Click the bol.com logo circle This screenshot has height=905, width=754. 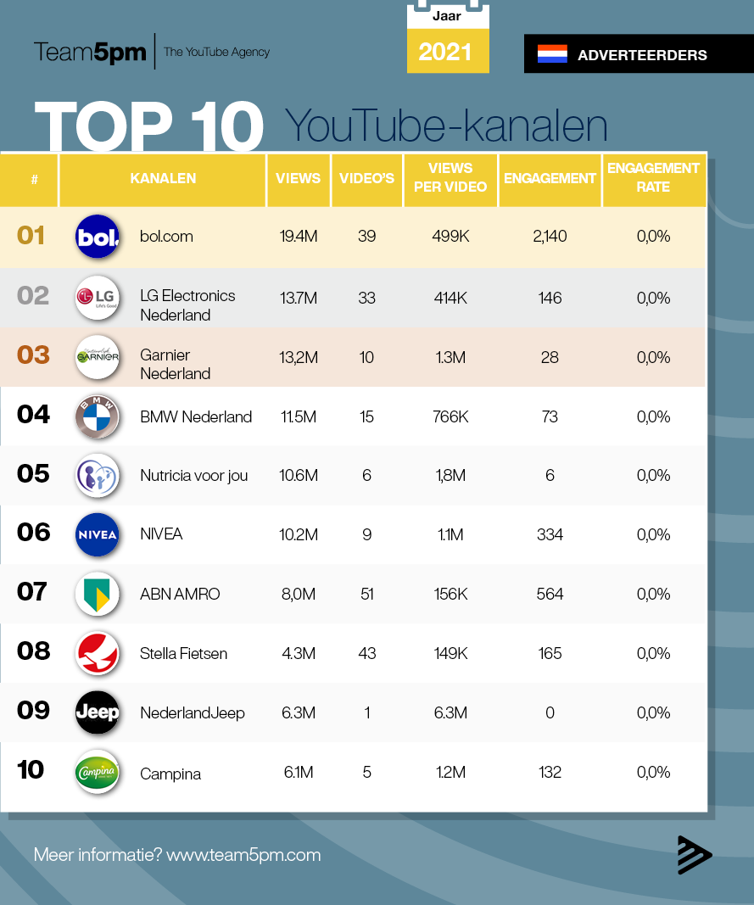(98, 237)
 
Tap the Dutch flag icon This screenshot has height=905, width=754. (552, 54)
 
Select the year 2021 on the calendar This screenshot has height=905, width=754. (445, 52)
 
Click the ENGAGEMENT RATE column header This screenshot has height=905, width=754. (653, 177)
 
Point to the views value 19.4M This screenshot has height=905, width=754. (299, 237)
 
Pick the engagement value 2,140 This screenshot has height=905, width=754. (550, 237)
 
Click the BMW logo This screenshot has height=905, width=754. (98, 416)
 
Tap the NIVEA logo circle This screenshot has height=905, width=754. (98, 534)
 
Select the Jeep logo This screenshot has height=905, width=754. (98, 712)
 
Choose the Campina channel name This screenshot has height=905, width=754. (170, 774)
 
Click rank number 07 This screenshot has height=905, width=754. (32, 591)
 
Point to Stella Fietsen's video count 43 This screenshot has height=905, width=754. (366, 653)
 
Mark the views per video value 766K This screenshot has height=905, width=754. (450, 416)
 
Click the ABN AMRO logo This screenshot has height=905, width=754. (98, 594)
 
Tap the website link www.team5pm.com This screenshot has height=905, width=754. (243, 855)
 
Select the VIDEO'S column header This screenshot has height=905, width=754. (366, 178)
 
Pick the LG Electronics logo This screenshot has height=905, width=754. (98, 297)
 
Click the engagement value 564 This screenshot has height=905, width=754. (550, 594)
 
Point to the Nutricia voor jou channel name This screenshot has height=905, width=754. (194, 476)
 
